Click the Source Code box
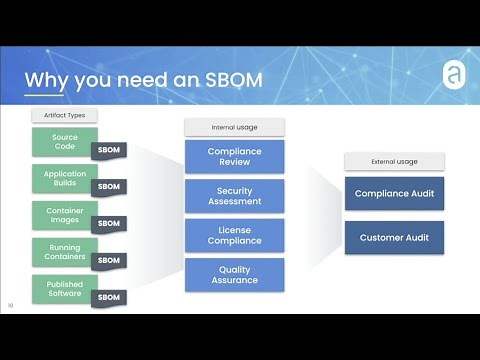tap(63, 140)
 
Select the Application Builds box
tap(63, 178)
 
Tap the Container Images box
tap(63, 215)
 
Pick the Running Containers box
tap(63, 252)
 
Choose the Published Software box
tap(63, 289)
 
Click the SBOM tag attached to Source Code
tap(108, 150)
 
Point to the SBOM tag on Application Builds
tap(108, 187)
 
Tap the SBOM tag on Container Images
tap(108, 224)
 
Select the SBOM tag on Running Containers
tap(108, 261)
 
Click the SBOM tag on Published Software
tap(108, 297)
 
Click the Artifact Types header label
tap(64, 116)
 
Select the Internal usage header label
tap(234, 127)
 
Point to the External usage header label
tap(393, 161)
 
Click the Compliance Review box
tap(234, 156)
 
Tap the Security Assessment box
tap(234, 195)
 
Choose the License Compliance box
tap(234, 235)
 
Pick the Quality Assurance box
tap(234, 274)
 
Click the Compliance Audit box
tap(393, 193)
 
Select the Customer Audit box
tap(393, 238)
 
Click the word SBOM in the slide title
tap(225, 79)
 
